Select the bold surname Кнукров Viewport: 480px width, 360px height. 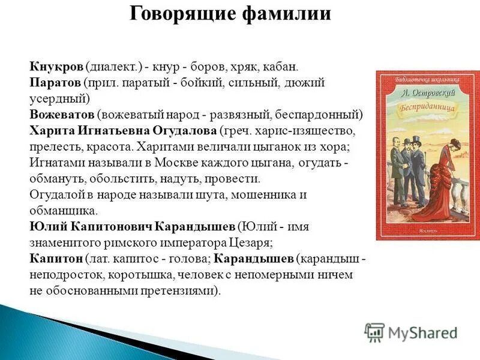56,68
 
